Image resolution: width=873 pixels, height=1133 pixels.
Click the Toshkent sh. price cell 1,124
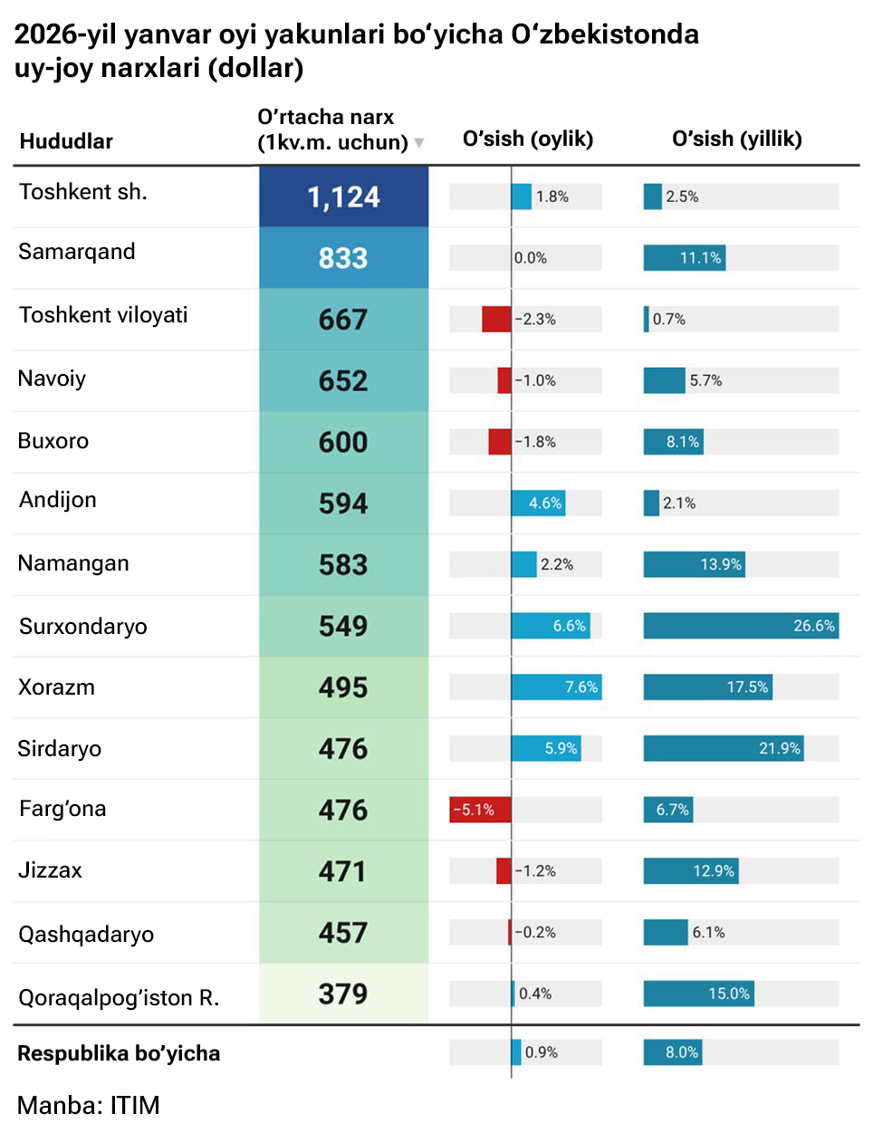(x=343, y=197)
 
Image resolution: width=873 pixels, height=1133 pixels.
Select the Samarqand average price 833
(x=343, y=258)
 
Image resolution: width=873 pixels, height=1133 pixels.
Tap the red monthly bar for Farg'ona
(x=480, y=810)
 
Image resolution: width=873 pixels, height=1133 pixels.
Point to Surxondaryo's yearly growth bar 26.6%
(x=741, y=626)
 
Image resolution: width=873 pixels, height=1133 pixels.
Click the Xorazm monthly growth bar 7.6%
(x=556, y=687)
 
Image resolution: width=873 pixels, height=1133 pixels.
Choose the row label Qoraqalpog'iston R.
(x=119, y=997)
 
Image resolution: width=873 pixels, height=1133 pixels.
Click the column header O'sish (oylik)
(x=528, y=139)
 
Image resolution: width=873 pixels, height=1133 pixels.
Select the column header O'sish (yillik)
(x=736, y=139)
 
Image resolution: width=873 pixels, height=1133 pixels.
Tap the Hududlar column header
(x=66, y=141)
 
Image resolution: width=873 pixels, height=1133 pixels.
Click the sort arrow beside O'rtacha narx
(x=419, y=143)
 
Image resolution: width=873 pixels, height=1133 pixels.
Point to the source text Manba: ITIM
(x=89, y=1105)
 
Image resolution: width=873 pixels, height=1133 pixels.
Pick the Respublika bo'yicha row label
(x=119, y=1053)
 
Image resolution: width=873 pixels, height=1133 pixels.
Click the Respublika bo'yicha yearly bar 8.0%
(x=673, y=1052)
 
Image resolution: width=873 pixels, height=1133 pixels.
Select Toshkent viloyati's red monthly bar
(x=496, y=319)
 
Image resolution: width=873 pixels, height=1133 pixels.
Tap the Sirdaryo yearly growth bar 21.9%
(x=724, y=748)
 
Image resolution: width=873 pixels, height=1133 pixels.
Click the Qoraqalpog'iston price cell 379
(x=343, y=994)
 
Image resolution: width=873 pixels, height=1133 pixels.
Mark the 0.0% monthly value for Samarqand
(x=531, y=258)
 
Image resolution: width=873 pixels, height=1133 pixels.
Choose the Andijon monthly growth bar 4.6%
(x=538, y=504)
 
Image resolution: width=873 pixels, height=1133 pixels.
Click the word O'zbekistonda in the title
(x=605, y=34)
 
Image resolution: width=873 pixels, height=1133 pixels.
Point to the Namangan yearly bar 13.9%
(x=694, y=564)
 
